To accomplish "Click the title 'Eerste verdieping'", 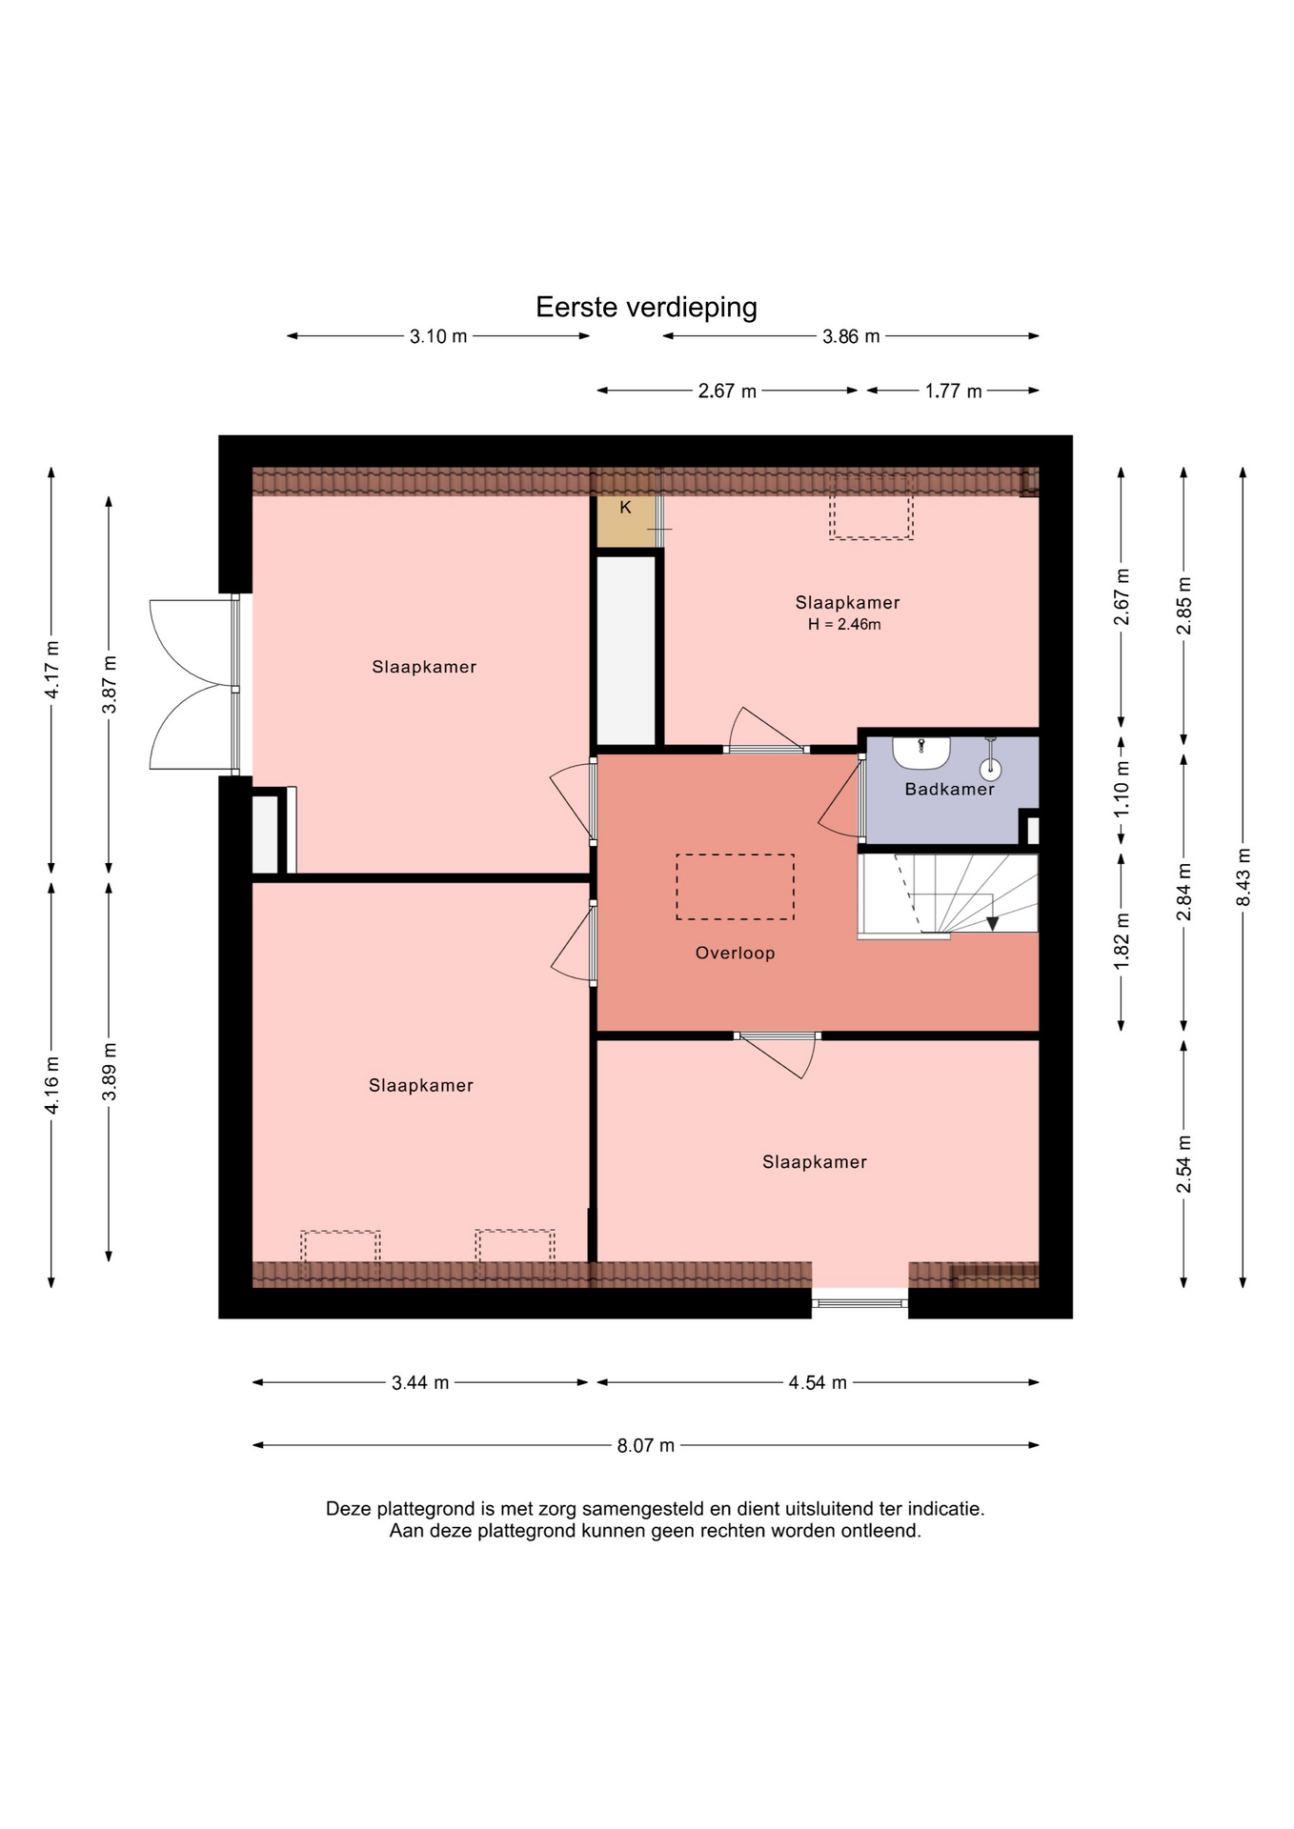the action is (646, 307).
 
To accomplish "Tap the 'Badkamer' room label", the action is (949, 789).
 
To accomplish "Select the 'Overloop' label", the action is (735, 953).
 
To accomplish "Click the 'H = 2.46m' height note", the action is (844, 625).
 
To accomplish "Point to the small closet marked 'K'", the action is (626, 520).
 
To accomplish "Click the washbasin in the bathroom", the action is (920, 753).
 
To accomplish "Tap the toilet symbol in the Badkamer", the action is (991, 762).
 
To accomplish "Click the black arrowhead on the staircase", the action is (992, 923).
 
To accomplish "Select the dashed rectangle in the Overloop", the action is (735, 887).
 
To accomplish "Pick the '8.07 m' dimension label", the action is (645, 1445).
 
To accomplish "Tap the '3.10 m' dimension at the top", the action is (438, 336).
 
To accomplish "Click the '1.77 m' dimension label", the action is (953, 391).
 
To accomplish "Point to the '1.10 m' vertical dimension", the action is (1122, 786).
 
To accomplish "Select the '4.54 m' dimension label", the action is (818, 1382).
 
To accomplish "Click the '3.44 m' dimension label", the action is (420, 1382).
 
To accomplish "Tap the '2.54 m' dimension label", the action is (1183, 1163).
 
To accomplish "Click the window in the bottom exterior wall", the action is (859, 1302).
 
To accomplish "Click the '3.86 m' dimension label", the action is (851, 336).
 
